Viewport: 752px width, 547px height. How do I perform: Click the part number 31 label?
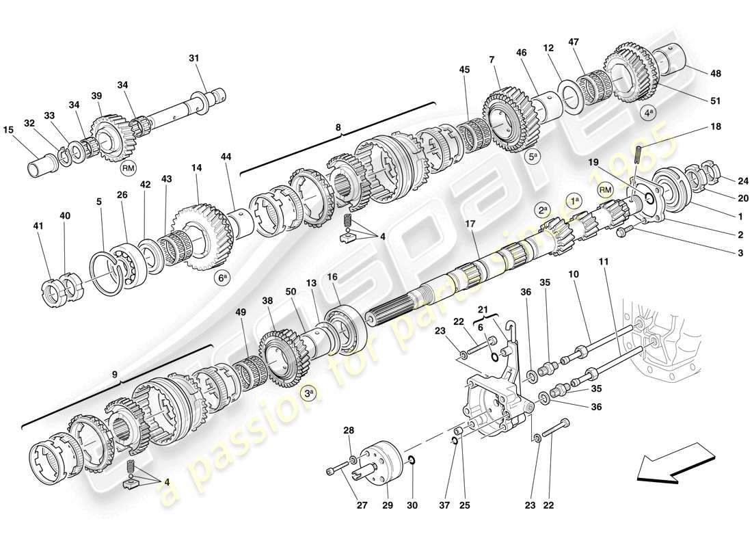193,59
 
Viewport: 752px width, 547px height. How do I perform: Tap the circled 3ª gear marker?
310,393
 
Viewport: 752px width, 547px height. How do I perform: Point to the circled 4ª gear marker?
649,114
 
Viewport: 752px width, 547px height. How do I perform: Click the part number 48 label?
716,73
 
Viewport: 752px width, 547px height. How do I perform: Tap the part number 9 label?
115,375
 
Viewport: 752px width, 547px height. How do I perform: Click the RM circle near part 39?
128,167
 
